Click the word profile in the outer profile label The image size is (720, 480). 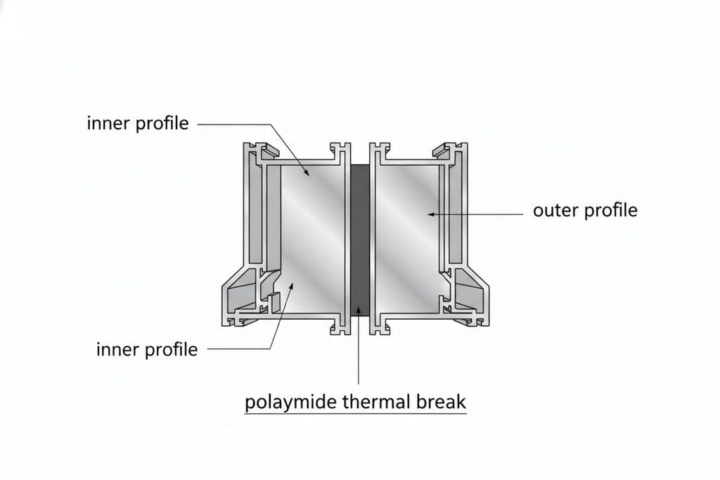(x=610, y=211)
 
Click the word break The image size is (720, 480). (x=442, y=401)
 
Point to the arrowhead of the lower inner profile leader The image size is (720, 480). (x=290, y=286)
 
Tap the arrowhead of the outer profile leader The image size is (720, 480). (x=431, y=214)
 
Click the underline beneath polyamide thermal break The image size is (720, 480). (x=355, y=414)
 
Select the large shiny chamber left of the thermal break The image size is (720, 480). (x=312, y=239)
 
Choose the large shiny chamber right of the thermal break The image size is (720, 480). (x=407, y=239)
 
